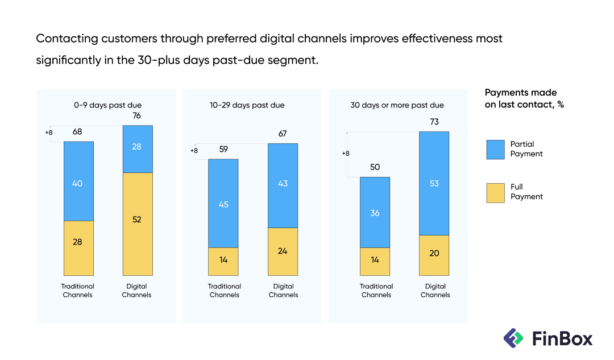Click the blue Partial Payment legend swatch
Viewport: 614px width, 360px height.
click(495, 149)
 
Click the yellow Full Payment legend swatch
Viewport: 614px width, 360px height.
click(495, 192)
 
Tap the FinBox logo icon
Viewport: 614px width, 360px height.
click(514, 338)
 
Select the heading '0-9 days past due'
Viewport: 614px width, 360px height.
click(107, 105)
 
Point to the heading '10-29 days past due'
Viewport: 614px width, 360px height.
click(247, 105)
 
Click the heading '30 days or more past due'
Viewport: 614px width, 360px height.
click(397, 105)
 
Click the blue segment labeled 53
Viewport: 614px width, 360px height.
click(434, 183)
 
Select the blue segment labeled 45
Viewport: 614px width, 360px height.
click(223, 204)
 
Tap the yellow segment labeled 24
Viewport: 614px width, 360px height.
click(283, 251)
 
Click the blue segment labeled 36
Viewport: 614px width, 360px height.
click(375, 212)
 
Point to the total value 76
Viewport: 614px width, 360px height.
click(137, 116)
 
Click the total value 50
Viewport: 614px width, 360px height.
click(375, 167)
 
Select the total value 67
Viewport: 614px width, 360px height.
click(283, 134)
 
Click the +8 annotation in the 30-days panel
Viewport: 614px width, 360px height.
click(346, 154)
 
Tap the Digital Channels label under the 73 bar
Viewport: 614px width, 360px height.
click(435, 291)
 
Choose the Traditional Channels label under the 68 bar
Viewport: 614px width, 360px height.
click(78, 291)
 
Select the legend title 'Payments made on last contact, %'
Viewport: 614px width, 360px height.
click(524, 98)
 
